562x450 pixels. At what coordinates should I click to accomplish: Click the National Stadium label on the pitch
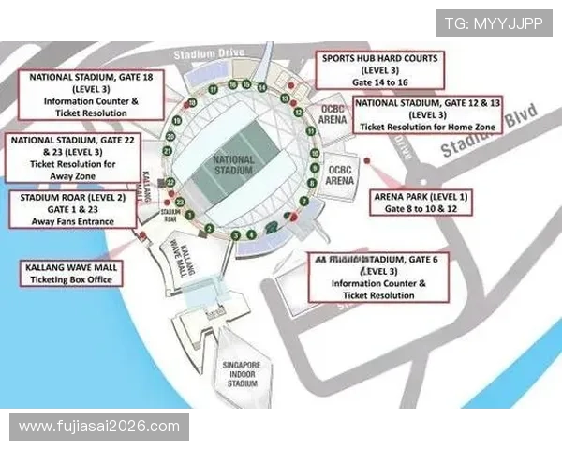(x=233, y=166)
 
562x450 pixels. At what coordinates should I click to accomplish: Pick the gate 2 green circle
(x=210, y=228)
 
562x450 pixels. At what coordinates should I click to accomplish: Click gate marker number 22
(x=170, y=182)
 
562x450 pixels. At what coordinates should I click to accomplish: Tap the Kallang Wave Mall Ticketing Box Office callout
(x=71, y=273)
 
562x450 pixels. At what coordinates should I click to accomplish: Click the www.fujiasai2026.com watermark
(x=99, y=427)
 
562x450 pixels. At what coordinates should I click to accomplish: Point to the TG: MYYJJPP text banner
(x=494, y=22)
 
